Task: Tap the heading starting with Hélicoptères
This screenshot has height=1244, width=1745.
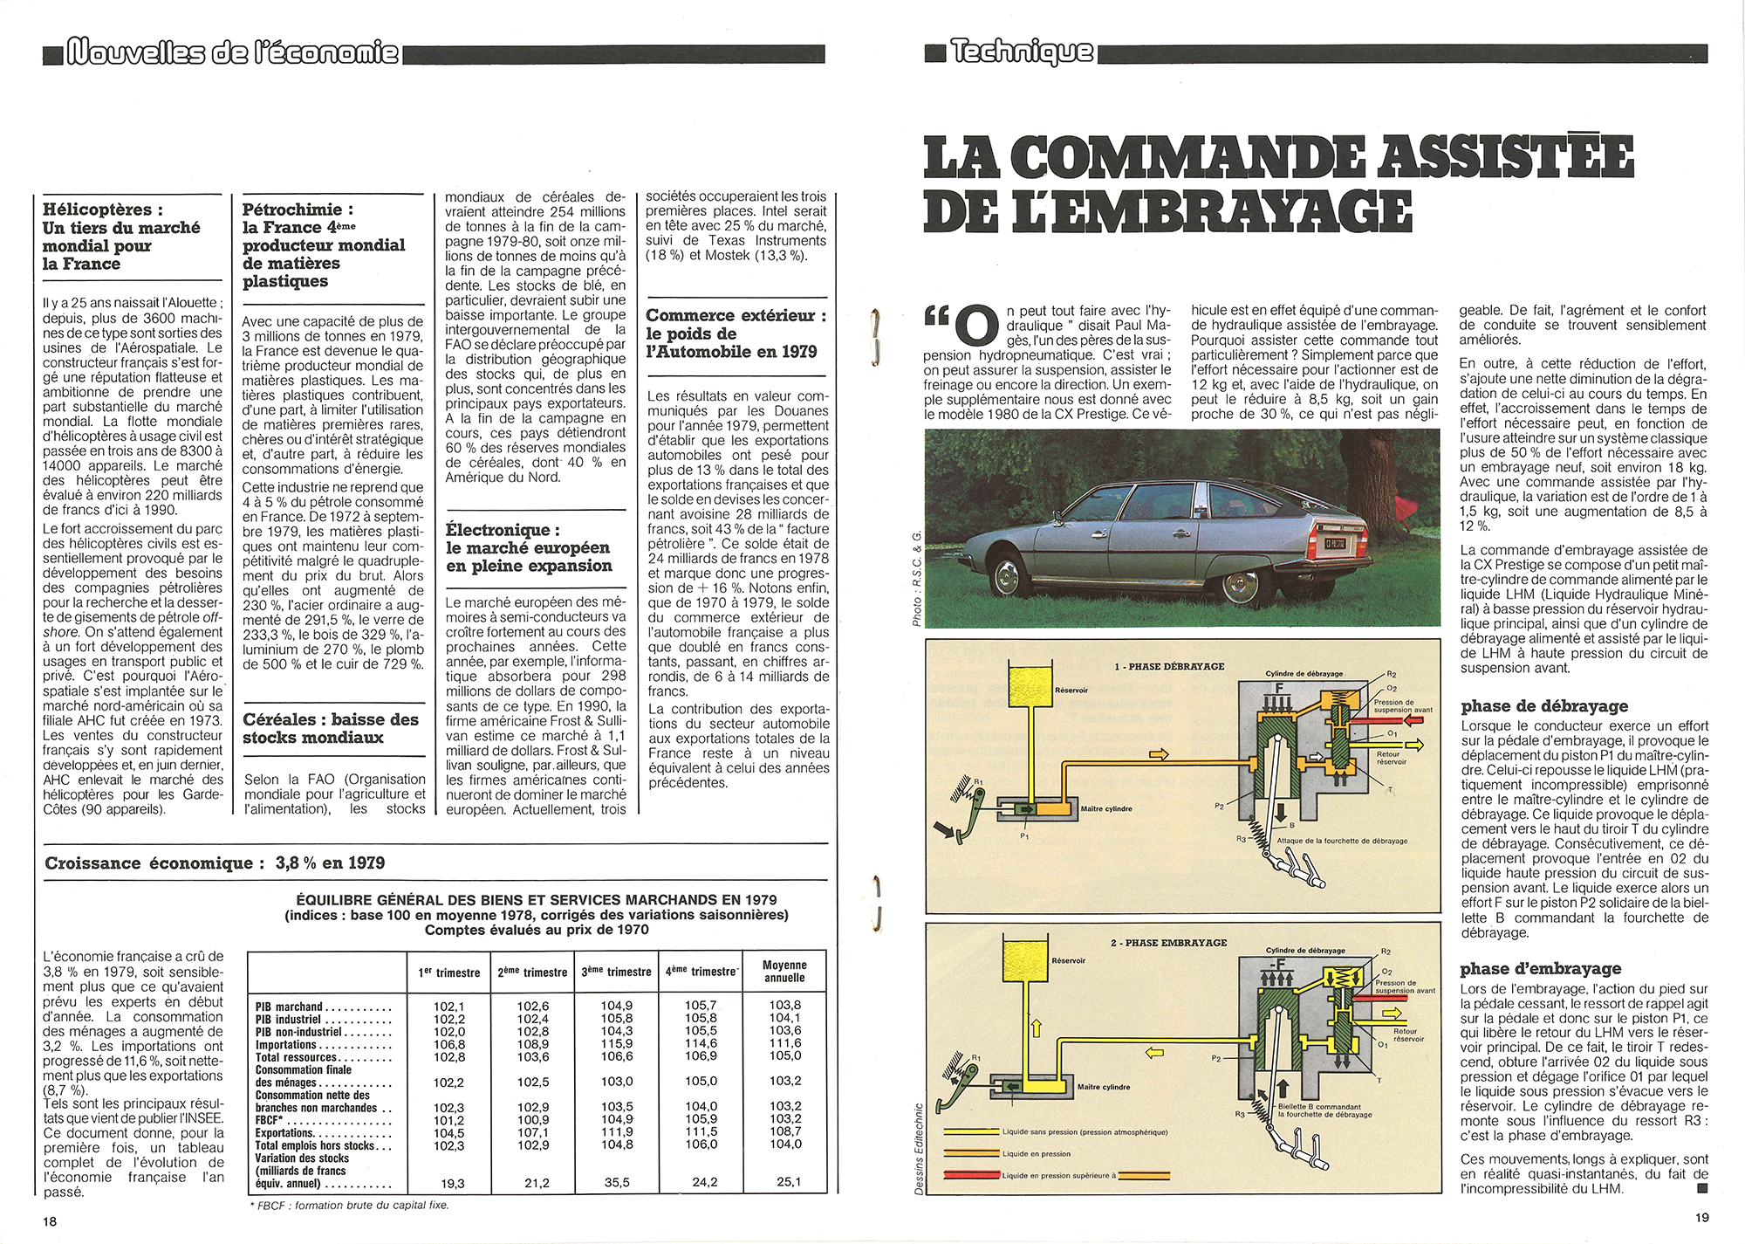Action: (x=121, y=237)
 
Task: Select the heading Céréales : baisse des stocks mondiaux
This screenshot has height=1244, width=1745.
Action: (x=331, y=728)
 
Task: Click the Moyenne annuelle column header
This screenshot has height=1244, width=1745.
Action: (x=784, y=971)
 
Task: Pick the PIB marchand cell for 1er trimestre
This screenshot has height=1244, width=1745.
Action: (x=448, y=1006)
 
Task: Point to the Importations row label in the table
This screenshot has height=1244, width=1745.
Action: (x=285, y=1044)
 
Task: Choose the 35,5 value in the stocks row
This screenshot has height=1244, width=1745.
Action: (x=616, y=1183)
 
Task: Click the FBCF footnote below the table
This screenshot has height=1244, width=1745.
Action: (x=349, y=1205)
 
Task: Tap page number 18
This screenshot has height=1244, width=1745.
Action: (x=50, y=1221)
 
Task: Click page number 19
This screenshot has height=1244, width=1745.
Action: (x=1702, y=1217)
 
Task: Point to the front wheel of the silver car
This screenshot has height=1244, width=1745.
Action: (x=1008, y=576)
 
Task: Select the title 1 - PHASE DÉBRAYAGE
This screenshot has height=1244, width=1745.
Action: (x=1169, y=666)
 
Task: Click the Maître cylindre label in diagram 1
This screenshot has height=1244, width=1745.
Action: (x=1106, y=808)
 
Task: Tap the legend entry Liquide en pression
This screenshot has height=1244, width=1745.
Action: (x=1037, y=1153)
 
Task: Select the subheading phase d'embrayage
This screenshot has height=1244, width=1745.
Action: (x=1540, y=968)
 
